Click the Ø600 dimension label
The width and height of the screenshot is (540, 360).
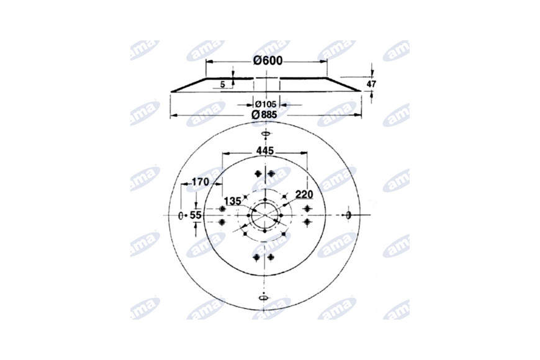tap(268, 61)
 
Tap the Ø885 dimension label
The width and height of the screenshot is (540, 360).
tap(264, 115)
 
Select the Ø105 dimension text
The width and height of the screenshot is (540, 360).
tap(266, 104)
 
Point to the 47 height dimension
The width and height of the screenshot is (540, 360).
tap(371, 84)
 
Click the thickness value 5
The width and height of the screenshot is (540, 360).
tap(222, 84)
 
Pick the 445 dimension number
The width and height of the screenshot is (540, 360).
tap(265, 151)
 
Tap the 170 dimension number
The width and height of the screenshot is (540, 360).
tap(200, 181)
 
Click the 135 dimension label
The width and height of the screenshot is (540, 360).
tap(233, 201)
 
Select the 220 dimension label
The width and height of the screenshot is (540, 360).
tap(304, 195)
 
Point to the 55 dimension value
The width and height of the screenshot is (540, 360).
tap(196, 215)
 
